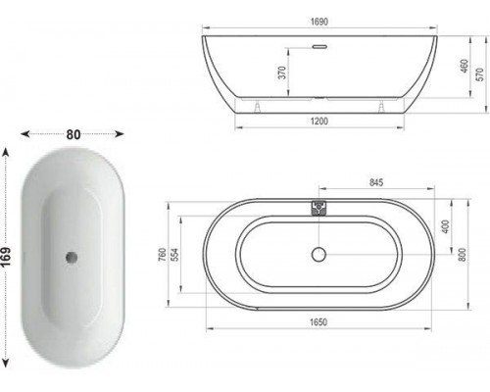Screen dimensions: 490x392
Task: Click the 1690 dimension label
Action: click(x=319, y=22)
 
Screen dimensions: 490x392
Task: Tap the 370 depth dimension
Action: click(x=282, y=73)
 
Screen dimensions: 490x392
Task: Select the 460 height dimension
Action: click(x=465, y=66)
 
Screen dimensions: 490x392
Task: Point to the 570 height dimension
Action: click(x=480, y=74)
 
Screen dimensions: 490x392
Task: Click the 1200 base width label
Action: click(x=319, y=122)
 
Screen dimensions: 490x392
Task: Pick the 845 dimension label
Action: click(x=376, y=182)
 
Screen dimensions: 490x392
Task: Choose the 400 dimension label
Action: click(x=446, y=226)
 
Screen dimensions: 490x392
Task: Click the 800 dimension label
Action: click(x=463, y=254)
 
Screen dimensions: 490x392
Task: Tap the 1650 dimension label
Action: click(x=318, y=322)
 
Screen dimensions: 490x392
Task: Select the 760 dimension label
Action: click(x=163, y=255)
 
